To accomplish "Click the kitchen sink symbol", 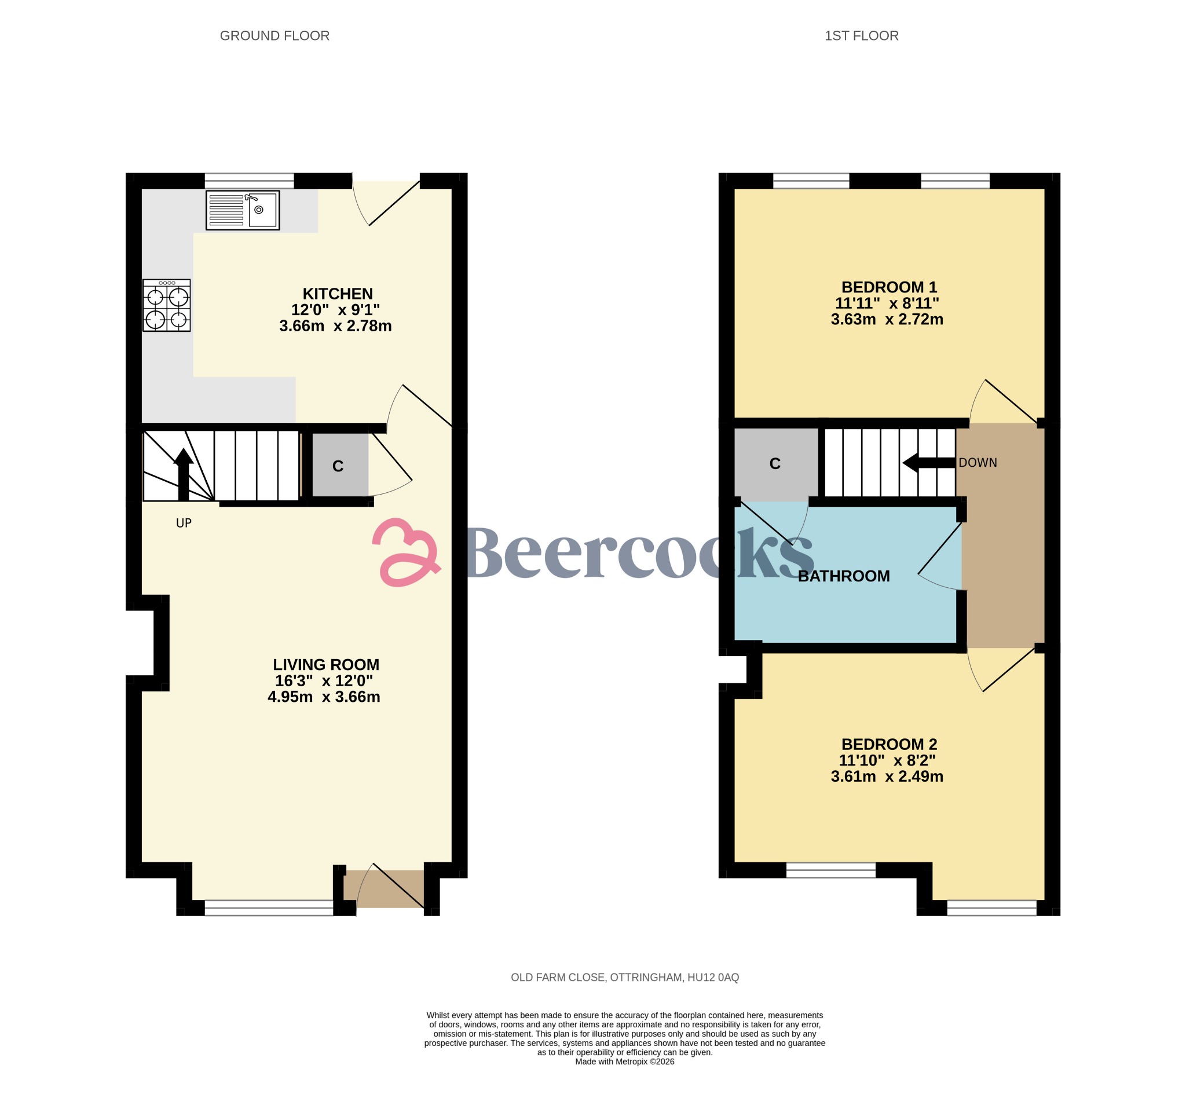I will tap(242, 210).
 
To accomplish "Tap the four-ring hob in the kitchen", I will tap(167, 305).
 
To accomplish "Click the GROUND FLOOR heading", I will tap(274, 36).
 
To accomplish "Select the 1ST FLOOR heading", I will tap(861, 36).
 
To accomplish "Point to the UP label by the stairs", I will tap(184, 523).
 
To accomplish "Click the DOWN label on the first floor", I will tap(978, 463).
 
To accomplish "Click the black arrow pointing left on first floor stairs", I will tap(928, 463).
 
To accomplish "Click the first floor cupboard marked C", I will tap(775, 464).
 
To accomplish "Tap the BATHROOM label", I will tap(844, 576).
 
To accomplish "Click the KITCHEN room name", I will tap(338, 294).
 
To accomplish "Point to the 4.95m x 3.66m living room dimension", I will tap(324, 697).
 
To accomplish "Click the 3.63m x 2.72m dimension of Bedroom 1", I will tap(887, 320).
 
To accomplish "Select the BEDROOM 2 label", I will tap(889, 745).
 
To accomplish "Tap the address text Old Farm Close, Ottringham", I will tap(624, 978).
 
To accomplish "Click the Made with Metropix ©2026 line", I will tap(624, 1062).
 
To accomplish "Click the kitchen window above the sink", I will tap(250, 181).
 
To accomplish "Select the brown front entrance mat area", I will tap(385, 889).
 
